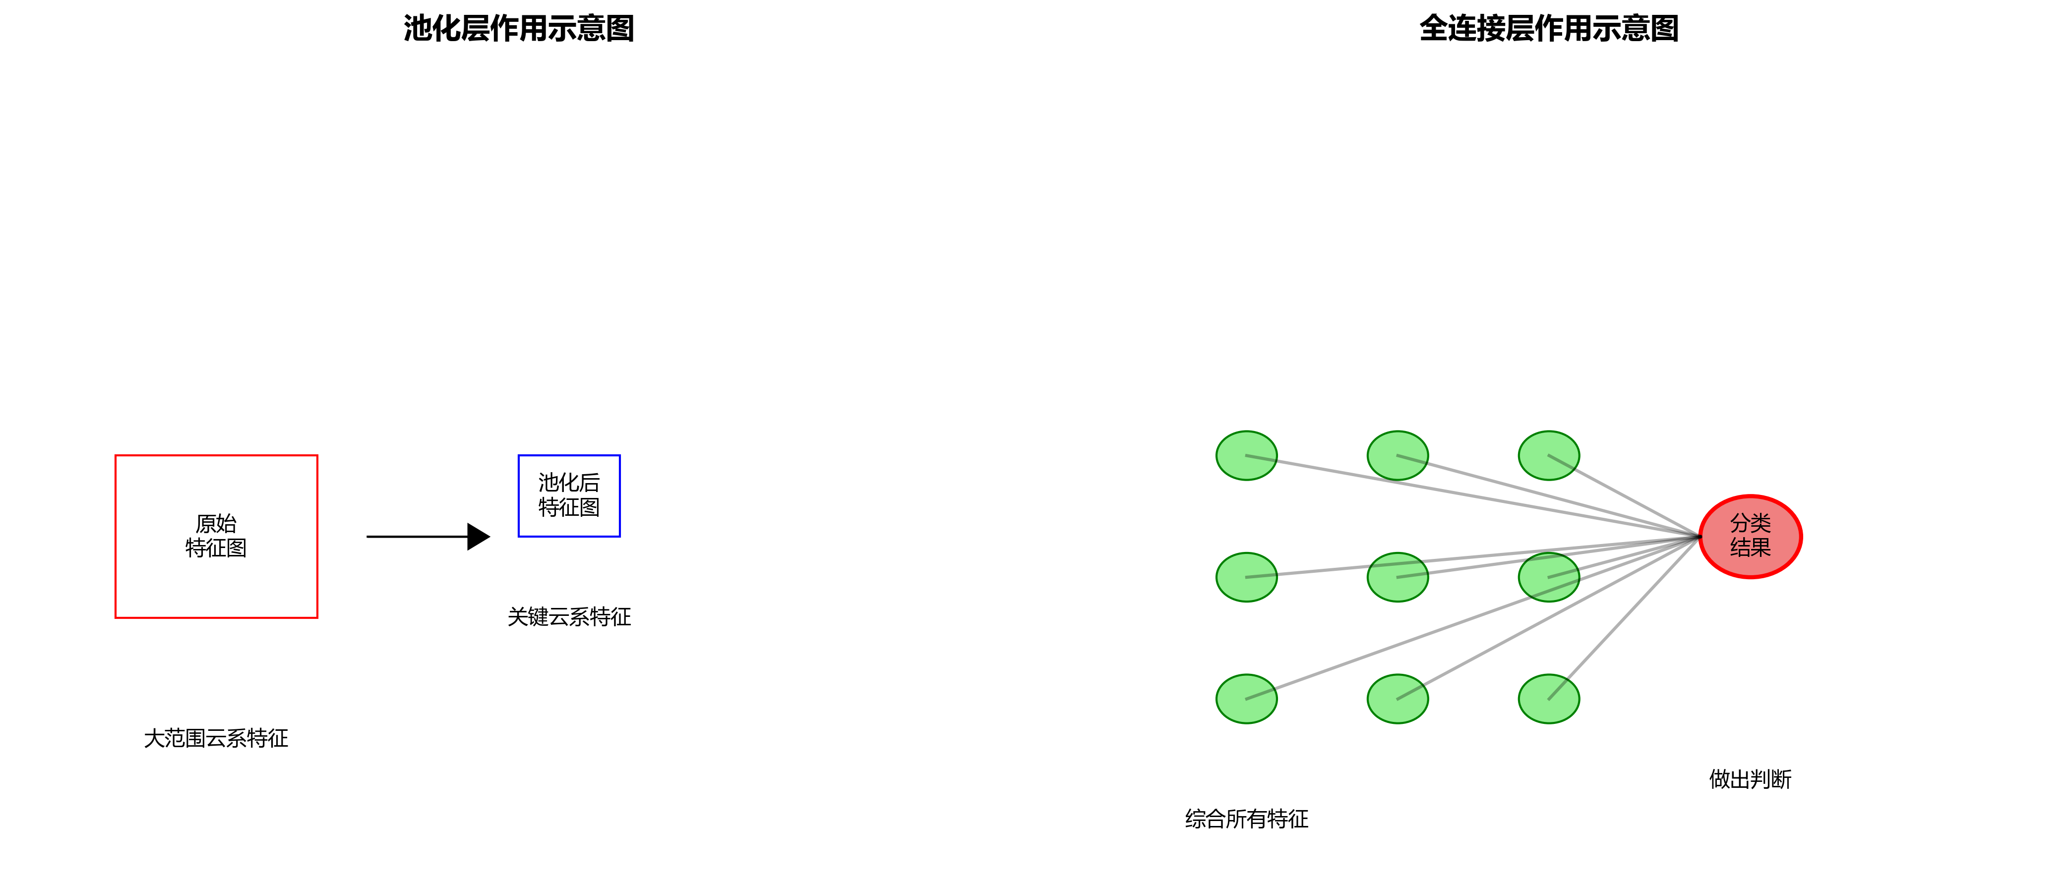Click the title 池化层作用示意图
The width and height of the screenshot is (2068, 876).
(x=519, y=29)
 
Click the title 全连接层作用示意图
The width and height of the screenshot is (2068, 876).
(x=1549, y=29)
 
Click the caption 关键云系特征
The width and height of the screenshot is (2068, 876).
(x=569, y=617)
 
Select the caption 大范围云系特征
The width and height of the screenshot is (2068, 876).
(x=216, y=738)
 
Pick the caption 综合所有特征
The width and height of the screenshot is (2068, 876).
(x=1247, y=819)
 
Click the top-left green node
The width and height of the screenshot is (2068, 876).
(x=1247, y=456)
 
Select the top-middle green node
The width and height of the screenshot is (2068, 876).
(x=1398, y=456)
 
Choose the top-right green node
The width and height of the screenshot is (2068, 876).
(x=1549, y=456)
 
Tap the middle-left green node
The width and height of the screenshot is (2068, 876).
(x=1247, y=577)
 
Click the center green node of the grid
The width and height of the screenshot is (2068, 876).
(x=1398, y=577)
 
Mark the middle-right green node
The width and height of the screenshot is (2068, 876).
(x=1549, y=577)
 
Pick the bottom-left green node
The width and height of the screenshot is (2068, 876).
(x=1247, y=699)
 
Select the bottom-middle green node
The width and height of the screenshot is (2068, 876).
(x=1398, y=699)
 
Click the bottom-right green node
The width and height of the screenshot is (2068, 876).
(x=1549, y=699)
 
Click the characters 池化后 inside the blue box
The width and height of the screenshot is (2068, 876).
(x=569, y=483)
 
